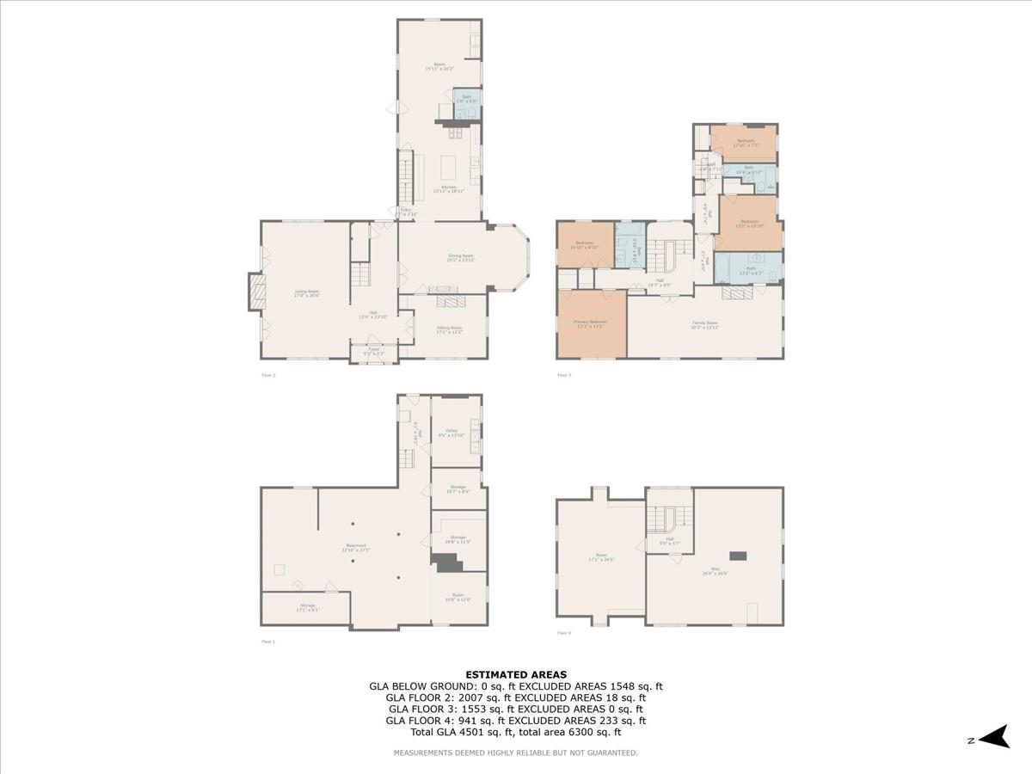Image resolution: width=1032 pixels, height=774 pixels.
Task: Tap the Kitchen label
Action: [448, 187]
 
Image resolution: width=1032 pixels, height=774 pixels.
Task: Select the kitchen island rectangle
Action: [448, 164]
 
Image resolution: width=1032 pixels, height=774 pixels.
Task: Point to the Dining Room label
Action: [462, 256]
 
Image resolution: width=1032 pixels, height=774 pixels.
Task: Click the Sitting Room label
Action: [450, 328]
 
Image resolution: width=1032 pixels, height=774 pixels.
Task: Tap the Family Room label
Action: [705, 324]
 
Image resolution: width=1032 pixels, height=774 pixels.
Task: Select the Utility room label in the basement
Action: [451, 433]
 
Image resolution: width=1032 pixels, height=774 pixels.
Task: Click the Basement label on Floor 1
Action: [357, 547]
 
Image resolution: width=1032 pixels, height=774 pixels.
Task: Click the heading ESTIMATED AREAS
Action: [516, 675]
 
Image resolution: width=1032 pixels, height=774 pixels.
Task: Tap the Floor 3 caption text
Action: [564, 375]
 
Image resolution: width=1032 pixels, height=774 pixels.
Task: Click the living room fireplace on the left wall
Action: [255, 291]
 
